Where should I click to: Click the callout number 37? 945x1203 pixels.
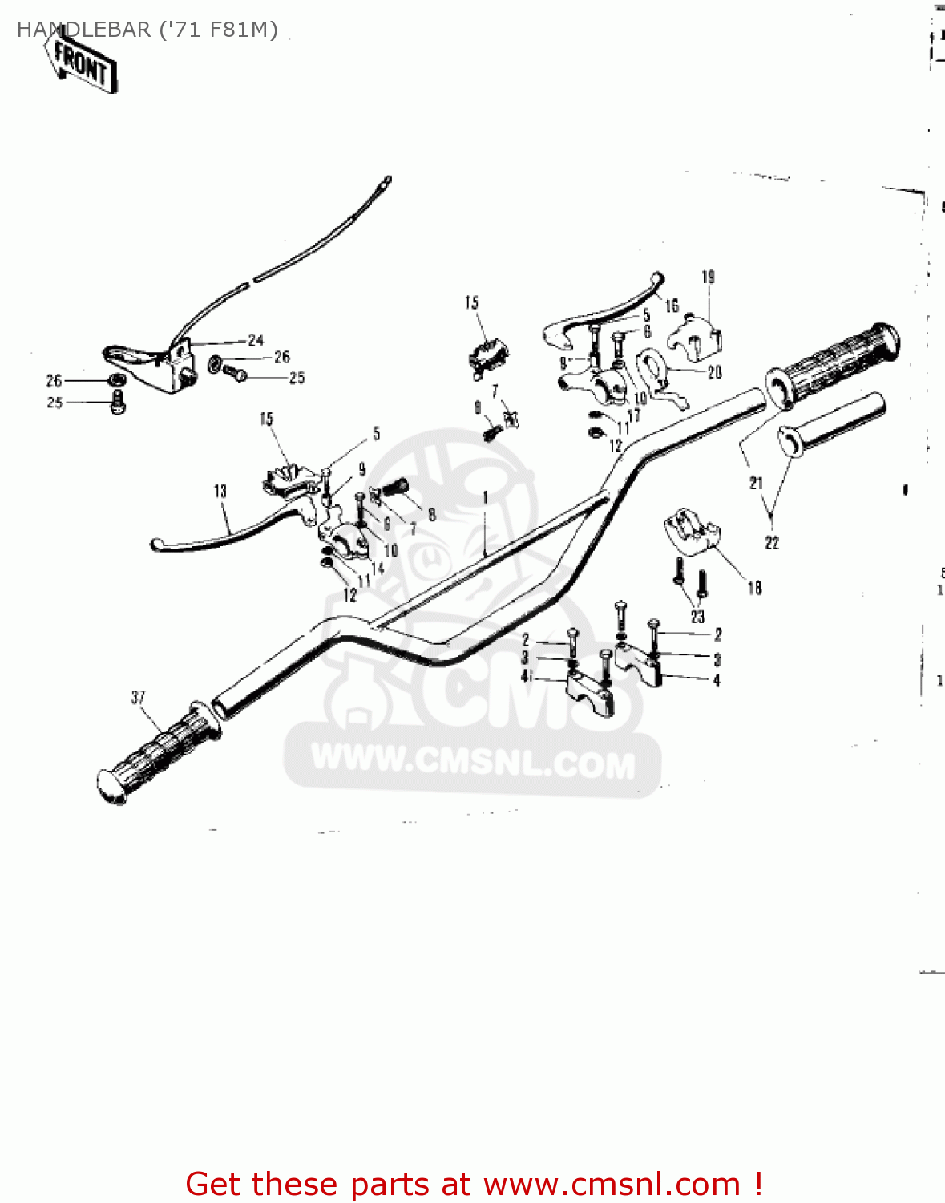138,697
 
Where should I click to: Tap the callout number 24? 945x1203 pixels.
256,340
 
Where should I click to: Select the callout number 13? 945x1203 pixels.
220,491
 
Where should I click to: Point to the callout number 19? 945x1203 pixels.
709,277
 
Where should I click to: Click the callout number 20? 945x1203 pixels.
714,372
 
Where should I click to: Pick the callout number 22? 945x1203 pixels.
772,543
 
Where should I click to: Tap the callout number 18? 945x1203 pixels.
754,588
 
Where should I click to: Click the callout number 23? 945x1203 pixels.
697,616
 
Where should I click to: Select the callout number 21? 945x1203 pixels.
756,483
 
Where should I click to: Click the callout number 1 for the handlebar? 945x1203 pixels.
486,498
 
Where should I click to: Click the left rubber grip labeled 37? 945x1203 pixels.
156,751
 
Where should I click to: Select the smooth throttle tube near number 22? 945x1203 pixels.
834,424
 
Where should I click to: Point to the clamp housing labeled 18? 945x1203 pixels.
691,530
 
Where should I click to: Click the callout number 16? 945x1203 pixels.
672,306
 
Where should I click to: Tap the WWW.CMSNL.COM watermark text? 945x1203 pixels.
473,761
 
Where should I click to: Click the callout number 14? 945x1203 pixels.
378,568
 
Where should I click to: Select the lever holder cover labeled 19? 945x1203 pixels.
696,336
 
